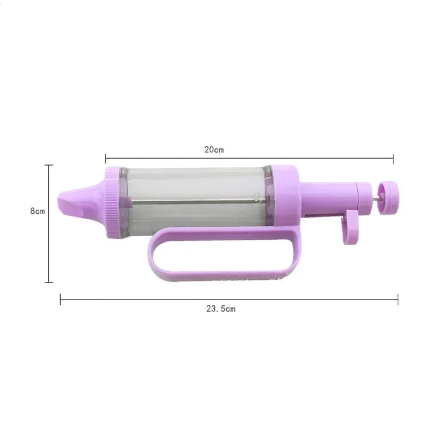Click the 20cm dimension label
click(214, 150)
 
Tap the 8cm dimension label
click(37, 211)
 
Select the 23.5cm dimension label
click(220, 309)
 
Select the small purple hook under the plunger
click(350, 227)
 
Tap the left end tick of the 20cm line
click(106, 158)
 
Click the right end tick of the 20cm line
click(393, 158)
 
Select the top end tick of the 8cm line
click(49, 165)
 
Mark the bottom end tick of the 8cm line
click(49, 282)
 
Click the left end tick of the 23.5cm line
click(60, 299)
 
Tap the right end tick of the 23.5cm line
click(398, 299)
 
